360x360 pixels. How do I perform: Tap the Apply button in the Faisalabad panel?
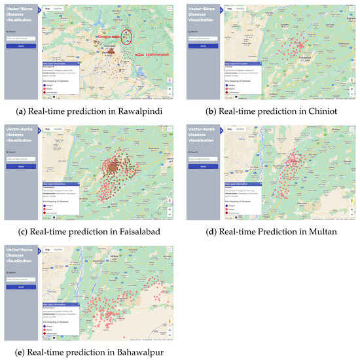[20, 166]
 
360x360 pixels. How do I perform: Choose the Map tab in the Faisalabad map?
[47, 130]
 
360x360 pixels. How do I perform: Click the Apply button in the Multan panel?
[202, 166]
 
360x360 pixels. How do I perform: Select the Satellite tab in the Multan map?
[240, 130]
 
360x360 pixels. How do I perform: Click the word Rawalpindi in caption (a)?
[138, 109]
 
